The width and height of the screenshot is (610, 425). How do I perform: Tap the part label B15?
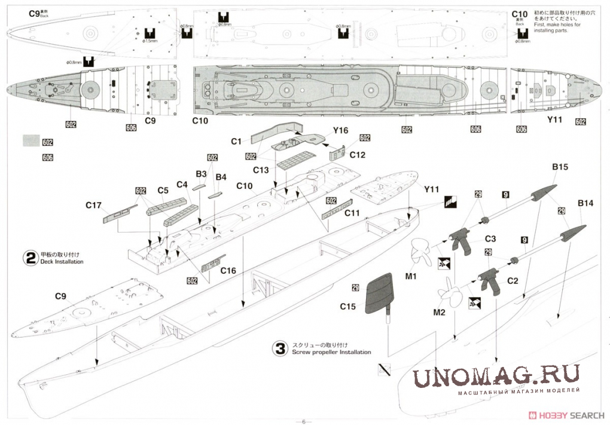point(559,168)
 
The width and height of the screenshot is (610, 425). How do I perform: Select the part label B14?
point(585,203)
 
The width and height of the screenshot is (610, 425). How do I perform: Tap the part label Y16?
point(340,130)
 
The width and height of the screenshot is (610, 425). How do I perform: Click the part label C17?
point(93,205)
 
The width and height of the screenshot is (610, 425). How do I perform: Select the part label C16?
point(228,270)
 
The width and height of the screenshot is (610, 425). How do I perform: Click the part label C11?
point(352,212)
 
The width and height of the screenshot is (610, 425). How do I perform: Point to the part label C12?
point(358,154)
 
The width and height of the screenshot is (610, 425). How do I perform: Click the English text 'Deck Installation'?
point(62,262)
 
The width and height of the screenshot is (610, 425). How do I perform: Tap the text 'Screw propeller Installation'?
point(331,352)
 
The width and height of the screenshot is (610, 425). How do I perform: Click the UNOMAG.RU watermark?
point(496,376)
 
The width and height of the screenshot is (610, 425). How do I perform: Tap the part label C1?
point(236,142)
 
